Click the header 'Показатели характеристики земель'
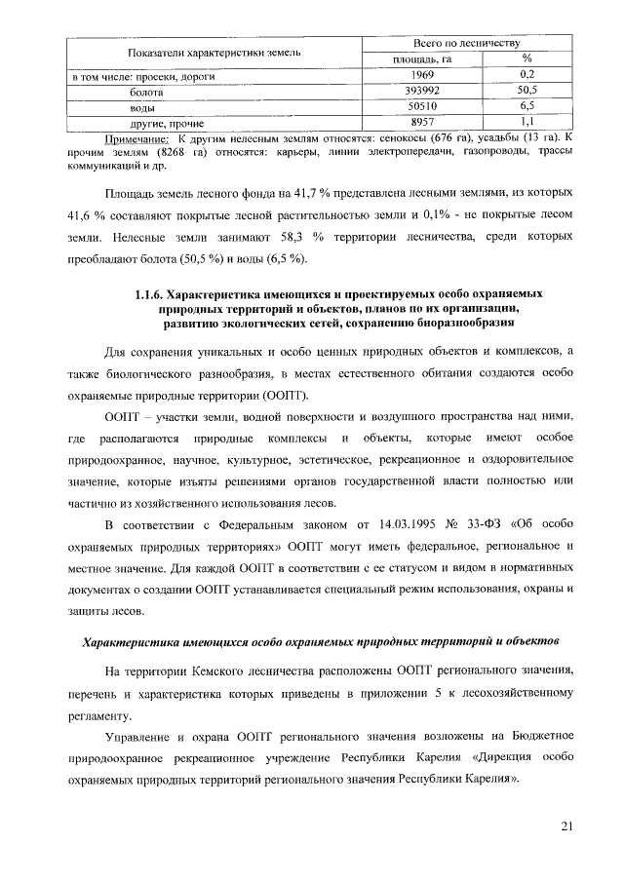(x=208, y=51)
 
